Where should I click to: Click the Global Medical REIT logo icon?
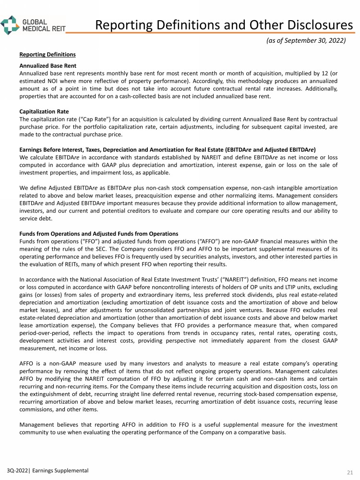coord(11,24)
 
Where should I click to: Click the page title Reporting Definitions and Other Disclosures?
coord(224,25)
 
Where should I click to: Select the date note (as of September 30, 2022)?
coord(306,40)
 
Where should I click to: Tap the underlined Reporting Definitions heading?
coord(48,54)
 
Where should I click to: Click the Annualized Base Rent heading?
coord(48,65)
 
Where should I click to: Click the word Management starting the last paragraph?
coord(37,424)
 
